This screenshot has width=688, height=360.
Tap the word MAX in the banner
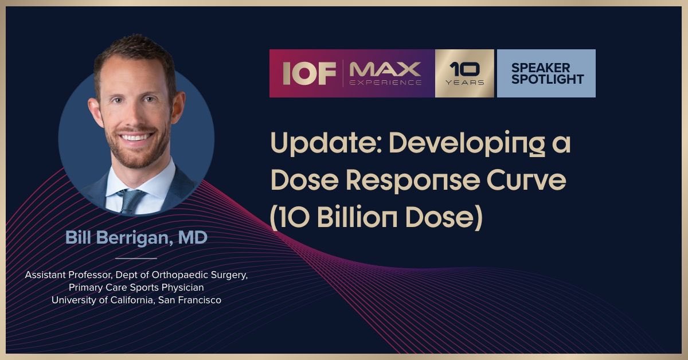385,69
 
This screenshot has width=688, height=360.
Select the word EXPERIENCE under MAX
385,83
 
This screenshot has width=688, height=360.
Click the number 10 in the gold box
464,69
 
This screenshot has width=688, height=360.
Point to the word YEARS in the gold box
464,83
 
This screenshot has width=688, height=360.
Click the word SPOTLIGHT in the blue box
548,79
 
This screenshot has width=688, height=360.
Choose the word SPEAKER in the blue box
541,68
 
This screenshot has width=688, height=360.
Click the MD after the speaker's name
193,238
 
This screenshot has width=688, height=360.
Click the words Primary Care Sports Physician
136,287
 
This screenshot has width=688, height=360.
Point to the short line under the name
136,258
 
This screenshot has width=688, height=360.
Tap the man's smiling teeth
135,137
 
